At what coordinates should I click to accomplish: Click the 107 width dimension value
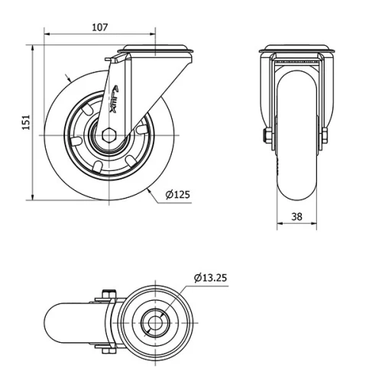[99, 27]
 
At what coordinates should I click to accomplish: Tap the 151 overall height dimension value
[25, 122]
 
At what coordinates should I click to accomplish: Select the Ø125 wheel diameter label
[176, 194]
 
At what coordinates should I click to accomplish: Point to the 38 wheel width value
[297, 216]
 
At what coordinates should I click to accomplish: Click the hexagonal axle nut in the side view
[108, 137]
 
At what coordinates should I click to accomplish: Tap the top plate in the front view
[296, 52]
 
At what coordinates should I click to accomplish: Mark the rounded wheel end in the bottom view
[66, 322]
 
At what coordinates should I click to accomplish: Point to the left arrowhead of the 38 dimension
[278, 225]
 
